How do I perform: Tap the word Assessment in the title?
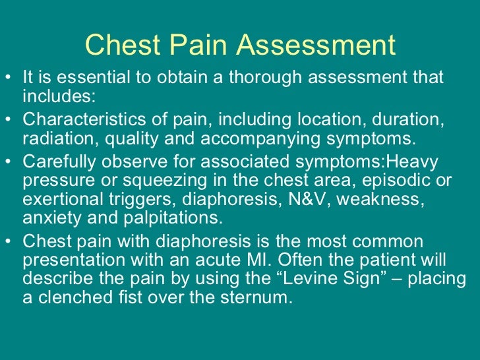click(316, 45)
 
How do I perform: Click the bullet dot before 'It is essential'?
click(7, 77)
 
